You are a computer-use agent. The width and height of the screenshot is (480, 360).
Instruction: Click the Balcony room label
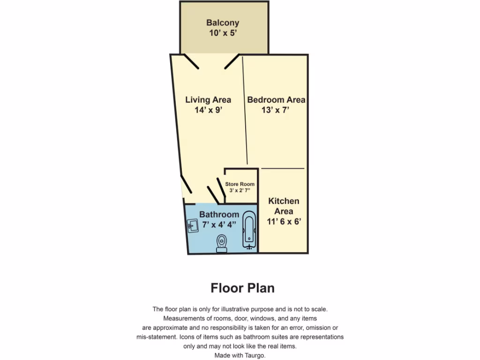click(223, 22)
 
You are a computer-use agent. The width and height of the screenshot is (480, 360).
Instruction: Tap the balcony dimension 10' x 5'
click(223, 33)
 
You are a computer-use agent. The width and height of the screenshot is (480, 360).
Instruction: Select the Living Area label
click(208, 99)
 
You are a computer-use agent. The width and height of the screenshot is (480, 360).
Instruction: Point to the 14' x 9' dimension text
click(208, 110)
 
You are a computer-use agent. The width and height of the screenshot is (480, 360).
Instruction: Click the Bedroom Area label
click(276, 99)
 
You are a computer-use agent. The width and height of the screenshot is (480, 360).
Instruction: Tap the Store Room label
click(240, 184)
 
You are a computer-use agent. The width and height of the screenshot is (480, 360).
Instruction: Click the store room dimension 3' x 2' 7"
click(240, 190)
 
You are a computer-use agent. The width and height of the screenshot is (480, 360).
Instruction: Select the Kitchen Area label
click(284, 206)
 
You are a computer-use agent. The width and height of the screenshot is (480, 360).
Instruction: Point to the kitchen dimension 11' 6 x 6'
click(284, 221)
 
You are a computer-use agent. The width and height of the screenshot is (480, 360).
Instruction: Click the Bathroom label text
click(219, 214)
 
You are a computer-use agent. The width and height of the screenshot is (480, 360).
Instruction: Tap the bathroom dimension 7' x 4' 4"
click(219, 224)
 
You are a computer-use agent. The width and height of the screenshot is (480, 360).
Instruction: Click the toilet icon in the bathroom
click(222, 244)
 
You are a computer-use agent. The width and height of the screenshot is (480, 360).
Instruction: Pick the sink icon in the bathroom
click(193, 226)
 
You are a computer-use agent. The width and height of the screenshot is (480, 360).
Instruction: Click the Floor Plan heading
click(242, 288)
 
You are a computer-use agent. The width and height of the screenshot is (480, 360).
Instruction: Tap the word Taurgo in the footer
click(255, 356)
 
